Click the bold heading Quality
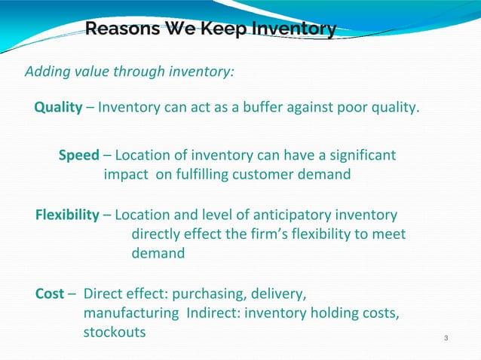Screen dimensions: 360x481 click(58, 108)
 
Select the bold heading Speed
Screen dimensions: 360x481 click(79, 156)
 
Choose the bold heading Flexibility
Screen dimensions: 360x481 click(67, 215)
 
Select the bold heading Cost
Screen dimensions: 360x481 click(50, 294)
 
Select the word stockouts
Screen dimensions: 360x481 click(115, 331)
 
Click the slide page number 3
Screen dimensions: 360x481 click(446, 337)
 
